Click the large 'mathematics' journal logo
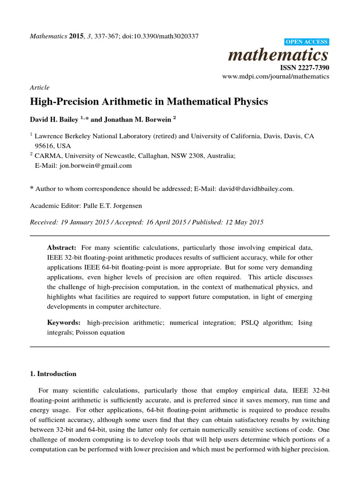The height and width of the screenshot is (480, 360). click(x=278, y=55)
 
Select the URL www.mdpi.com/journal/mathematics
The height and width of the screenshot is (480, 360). click(x=275, y=76)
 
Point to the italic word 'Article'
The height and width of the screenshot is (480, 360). click(x=39, y=88)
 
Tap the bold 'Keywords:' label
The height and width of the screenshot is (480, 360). click(x=64, y=323)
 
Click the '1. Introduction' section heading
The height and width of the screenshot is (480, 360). click(x=53, y=374)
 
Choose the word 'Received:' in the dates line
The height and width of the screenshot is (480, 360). click(x=43, y=222)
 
